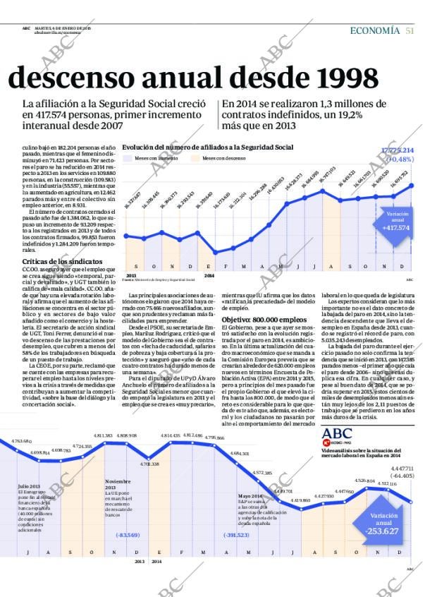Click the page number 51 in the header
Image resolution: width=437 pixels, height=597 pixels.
[x=409, y=30]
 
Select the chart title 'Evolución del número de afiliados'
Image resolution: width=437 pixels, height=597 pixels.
[x=207, y=147]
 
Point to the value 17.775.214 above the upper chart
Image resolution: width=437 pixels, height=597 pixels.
[x=398, y=150]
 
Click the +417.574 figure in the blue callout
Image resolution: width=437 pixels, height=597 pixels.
[x=396, y=228]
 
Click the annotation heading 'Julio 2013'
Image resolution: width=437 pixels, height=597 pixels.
[x=30, y=486]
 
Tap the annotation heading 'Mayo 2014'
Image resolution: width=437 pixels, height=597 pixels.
[x=250, y=496]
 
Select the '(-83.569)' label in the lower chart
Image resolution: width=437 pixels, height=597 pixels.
[x=128, y=535]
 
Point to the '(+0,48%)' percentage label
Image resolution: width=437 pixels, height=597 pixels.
[x=400, y=159]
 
